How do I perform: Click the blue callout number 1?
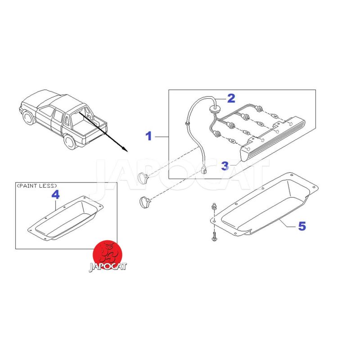149,136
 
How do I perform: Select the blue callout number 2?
231,98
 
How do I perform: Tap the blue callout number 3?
225,166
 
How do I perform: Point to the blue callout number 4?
55,195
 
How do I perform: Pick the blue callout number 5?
302,226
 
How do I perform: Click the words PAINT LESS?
37,186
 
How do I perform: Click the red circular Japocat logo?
107,254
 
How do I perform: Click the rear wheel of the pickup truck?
70,142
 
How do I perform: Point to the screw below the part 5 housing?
214,237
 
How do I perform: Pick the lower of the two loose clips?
144,202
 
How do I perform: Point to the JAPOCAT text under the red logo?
108,267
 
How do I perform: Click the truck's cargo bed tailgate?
95,135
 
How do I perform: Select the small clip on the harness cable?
187,124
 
